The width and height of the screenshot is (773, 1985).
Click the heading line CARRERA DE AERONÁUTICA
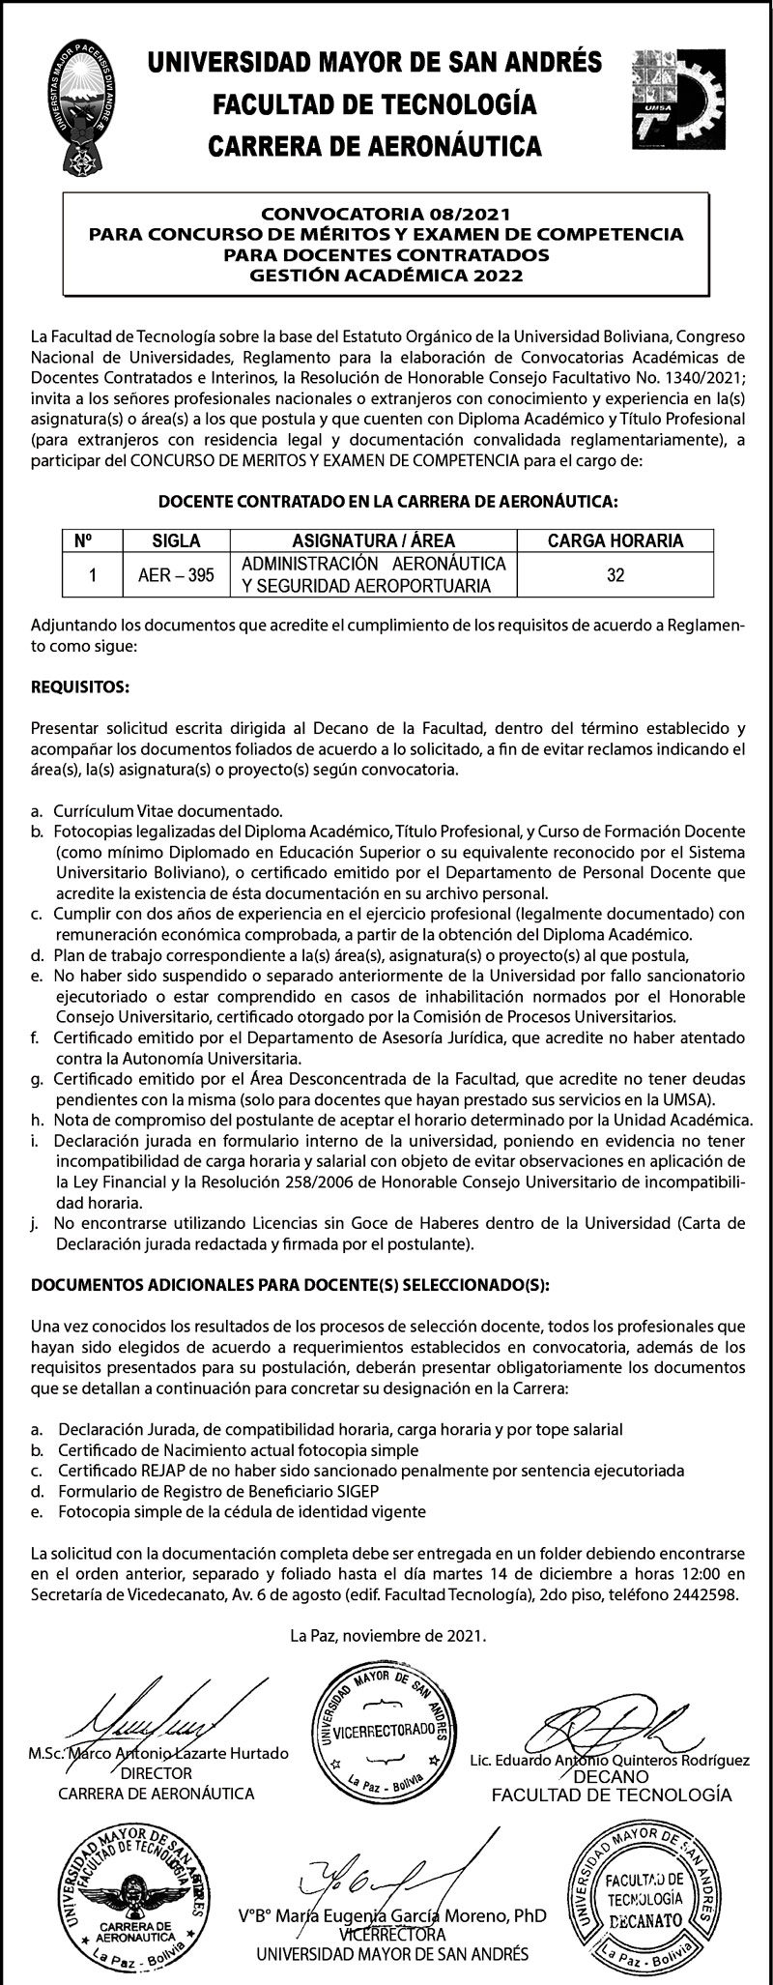click(376, 146)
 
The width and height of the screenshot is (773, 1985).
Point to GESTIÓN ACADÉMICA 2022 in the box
click(386, 276)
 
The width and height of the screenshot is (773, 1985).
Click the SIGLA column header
click(176, 541)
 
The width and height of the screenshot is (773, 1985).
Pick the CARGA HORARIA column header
click(616, 541)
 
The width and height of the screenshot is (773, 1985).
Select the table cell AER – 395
click(176, 575)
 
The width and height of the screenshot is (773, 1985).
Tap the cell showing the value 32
click(616, 575)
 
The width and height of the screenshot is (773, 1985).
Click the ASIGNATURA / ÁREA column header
click(373, 541)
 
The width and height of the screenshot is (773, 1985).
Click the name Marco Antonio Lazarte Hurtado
click(172, 1754)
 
